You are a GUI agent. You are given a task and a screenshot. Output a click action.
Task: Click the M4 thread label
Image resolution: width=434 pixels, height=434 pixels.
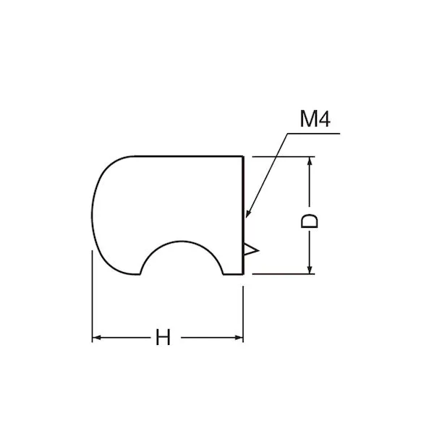point(315,119)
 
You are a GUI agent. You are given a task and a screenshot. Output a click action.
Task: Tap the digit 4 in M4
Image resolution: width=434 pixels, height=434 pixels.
point(324,119)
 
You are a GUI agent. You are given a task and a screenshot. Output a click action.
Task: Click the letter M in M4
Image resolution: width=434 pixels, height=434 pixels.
point(308,119)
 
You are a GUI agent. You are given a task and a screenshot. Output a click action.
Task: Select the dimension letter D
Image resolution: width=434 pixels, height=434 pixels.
point(309,221)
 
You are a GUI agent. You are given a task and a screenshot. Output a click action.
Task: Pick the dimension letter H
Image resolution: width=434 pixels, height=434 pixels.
point(163,337)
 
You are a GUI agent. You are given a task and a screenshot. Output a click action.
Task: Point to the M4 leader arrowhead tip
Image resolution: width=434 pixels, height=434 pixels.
point(246,218)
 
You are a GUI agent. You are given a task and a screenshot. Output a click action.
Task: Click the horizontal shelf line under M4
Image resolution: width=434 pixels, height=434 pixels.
point(314,134)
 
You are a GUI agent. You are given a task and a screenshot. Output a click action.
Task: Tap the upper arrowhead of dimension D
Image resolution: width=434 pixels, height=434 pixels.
point(310,162)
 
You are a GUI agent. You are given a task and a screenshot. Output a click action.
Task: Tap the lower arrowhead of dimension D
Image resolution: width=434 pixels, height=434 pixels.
point(310,269)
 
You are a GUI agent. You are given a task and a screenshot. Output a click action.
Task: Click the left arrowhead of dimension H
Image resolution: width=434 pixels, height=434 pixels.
point(97,337)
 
